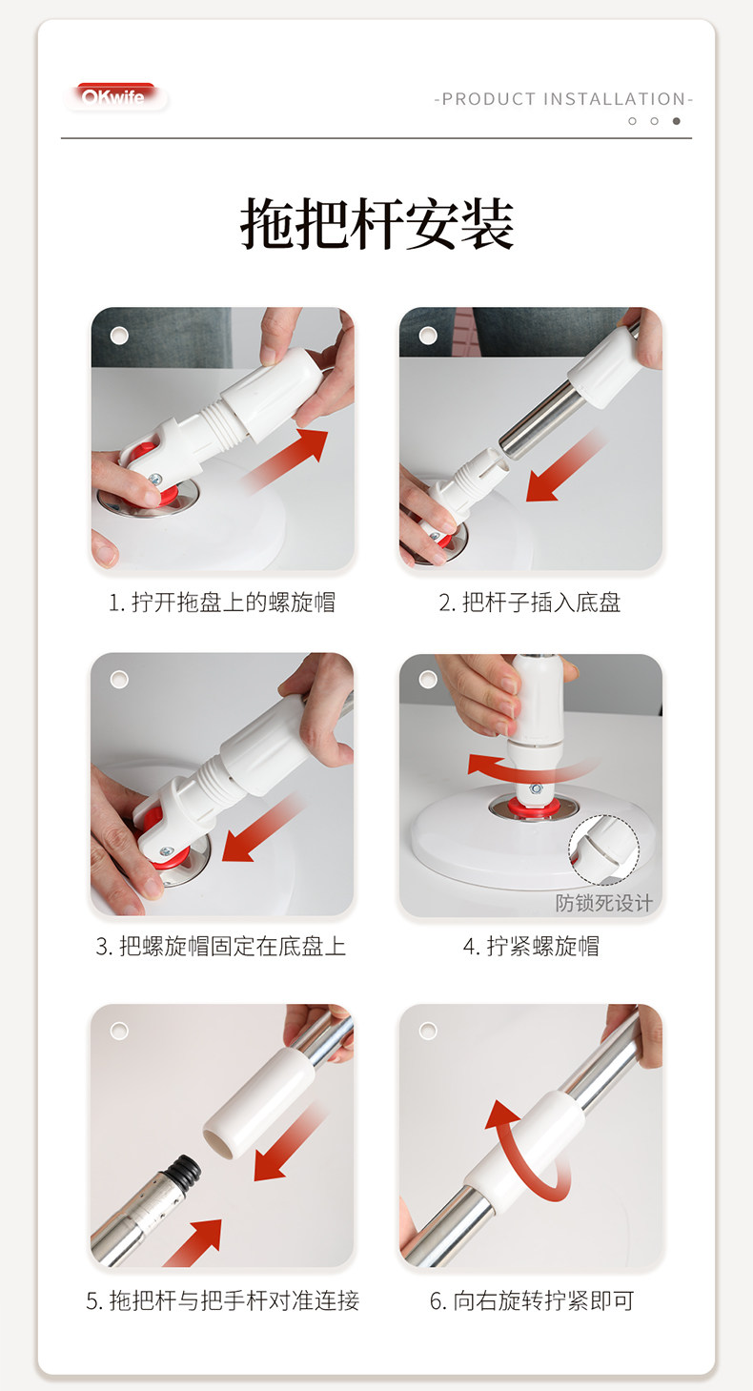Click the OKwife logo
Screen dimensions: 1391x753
point(114,97)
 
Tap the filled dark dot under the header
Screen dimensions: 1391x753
point(677,121)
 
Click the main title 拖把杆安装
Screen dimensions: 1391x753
point(376,225)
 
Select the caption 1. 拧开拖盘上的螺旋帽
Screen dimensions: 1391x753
point(221,603)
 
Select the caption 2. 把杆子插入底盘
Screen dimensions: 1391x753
point(530,603)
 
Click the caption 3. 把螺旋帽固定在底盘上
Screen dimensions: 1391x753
point(221,946)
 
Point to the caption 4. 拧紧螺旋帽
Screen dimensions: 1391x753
point(530,946)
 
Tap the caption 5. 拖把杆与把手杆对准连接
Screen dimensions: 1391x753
point(222,1300)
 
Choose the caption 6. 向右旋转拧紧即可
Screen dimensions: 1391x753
point(531,1300)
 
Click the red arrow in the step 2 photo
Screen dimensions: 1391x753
point(562,467)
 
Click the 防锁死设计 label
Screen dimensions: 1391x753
point(603,903)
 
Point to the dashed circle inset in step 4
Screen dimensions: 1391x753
point(603,850)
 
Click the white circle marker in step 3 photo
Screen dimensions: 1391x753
point(119,679)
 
